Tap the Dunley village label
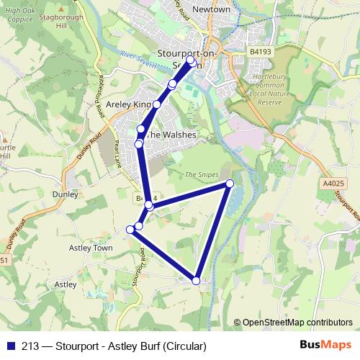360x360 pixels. point(65,194)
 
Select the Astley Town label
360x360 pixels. point(91,248)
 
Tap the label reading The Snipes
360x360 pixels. point(201,174)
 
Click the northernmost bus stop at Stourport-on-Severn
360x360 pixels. point(191,60)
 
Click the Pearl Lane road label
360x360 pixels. point(117,151)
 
